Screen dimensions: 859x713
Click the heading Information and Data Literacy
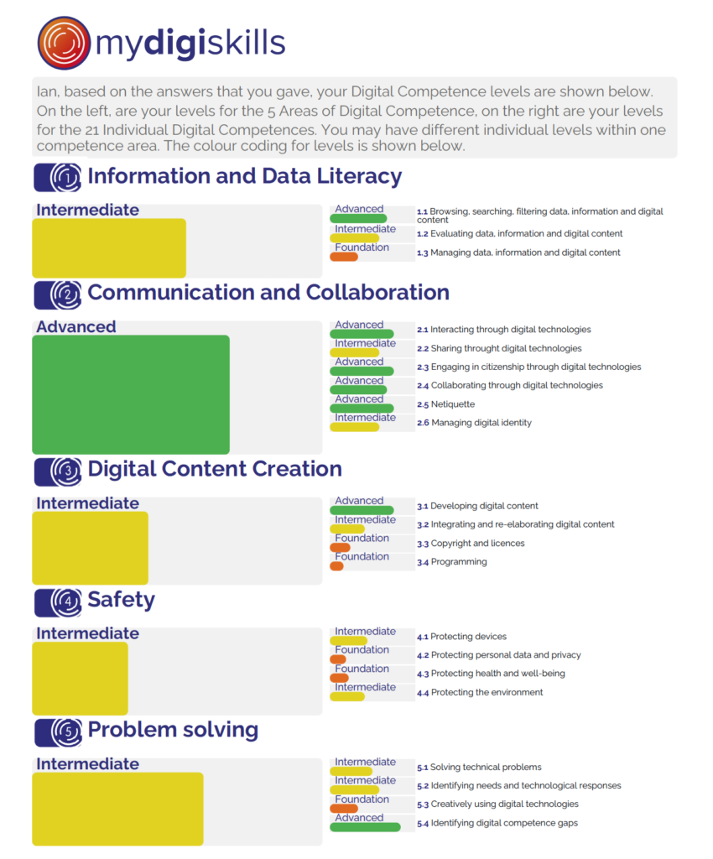click(x=244, y=176)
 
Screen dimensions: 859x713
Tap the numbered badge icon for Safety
click(x=59, y=601)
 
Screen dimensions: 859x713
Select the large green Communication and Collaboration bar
click(x=131, y=394)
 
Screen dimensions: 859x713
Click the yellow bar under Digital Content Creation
click(x=91, y=548)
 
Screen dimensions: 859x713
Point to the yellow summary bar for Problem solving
click(x=117, y=809)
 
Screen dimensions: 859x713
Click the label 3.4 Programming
click(x=452, y=562)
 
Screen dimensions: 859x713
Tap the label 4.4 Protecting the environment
click(x=480, y=692)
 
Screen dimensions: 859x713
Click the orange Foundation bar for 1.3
click(x=344, y=257)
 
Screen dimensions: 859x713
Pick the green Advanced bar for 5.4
click(x=365, y=827)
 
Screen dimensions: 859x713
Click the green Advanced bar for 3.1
click(x=362, y=510)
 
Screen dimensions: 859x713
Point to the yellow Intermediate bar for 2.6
click(x=354, y=427)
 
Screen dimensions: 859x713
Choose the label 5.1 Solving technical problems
click(x=479, y=767)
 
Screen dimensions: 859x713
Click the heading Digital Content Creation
click(x=215, y=469)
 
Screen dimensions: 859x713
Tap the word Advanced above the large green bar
click(x=76, y=327)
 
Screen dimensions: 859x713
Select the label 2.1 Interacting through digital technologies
click(x=504, y=330)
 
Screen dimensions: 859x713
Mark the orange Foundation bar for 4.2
click(x=338, y=659)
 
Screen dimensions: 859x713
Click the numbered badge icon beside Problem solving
click(x=59, y=731)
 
